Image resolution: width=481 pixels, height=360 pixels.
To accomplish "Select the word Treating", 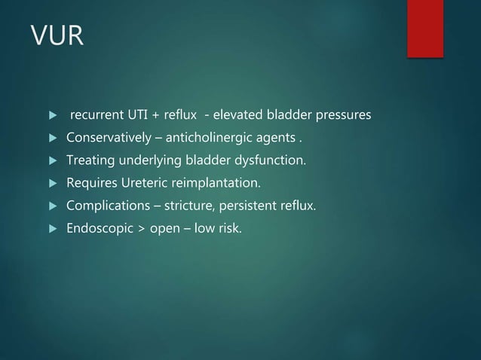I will [91, 160].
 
